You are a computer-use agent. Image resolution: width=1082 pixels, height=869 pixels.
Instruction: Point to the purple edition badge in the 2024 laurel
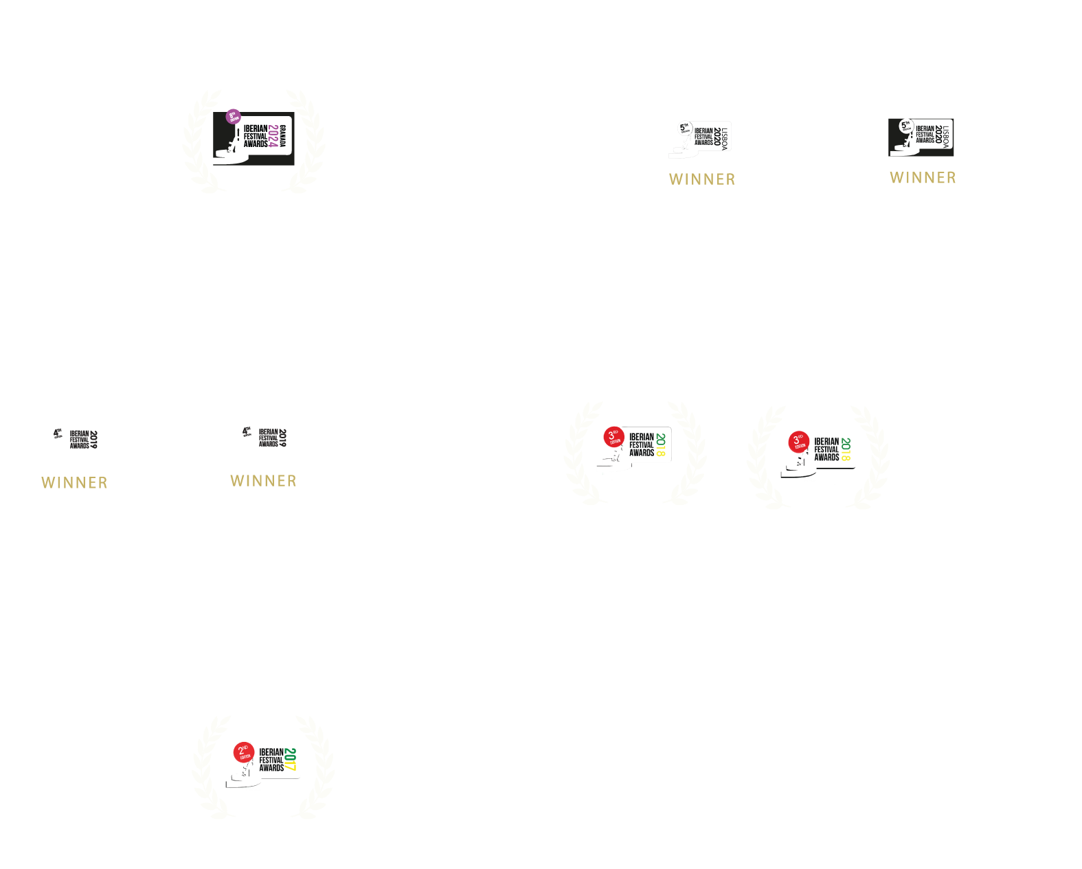pos(234,116)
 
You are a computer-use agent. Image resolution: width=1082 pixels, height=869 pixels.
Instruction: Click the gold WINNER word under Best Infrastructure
pos(923,178)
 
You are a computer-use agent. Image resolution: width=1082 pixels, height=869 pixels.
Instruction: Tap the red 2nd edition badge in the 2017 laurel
pos(243,752)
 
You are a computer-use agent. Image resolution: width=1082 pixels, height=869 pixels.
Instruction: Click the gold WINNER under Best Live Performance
pos(264,481)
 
